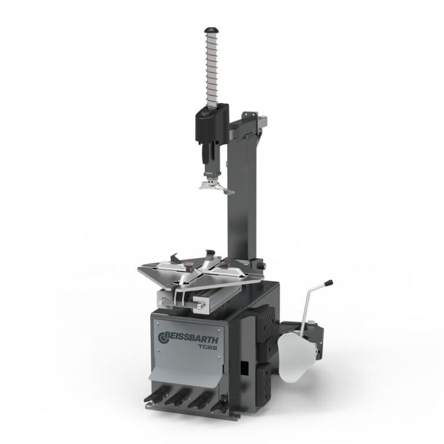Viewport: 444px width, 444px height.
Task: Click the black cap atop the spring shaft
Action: tap(211, 30)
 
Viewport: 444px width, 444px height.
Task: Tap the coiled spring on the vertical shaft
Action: tap(212, 68)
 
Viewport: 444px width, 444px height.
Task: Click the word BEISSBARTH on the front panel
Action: tap(191, 338)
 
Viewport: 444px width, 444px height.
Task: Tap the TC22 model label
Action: tap(208, 347)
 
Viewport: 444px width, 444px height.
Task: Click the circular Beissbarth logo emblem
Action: tap(163, 338)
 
